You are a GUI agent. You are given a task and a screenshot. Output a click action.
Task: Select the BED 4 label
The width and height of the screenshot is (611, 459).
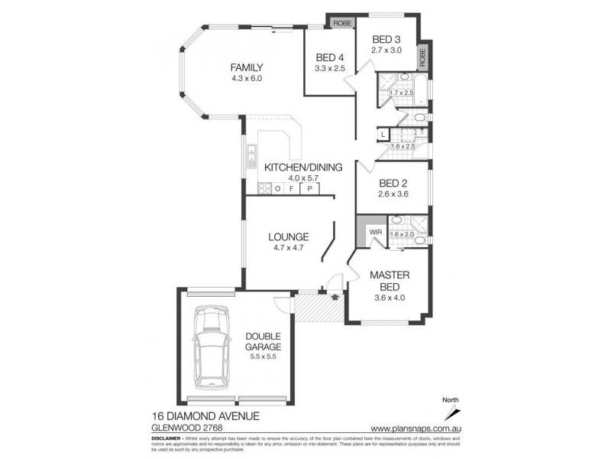pyautogui.click(x=330, y=57)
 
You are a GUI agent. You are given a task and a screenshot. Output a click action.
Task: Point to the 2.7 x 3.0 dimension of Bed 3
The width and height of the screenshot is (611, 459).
pyautogui.click(x=386, y=50)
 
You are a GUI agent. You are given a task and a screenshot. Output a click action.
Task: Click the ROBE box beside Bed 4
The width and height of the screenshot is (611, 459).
pyautogui.click(x=341, y=23)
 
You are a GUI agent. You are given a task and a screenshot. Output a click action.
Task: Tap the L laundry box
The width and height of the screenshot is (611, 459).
pyautogui.click(x=383, y=135)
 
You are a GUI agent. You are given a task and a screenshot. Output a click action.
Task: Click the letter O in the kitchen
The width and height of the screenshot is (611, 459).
pyautogui.click(x=279, y=188)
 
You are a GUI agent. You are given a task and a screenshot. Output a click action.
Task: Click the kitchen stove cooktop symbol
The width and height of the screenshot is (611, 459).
pyautogui.click(x=264, y=188)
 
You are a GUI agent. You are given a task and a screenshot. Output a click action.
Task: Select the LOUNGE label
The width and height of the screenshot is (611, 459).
pyautogui.click(x=288, y=236)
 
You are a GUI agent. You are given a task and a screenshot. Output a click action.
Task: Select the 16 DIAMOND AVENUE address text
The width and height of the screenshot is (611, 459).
pyautogui.click(x=205, y=416)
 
